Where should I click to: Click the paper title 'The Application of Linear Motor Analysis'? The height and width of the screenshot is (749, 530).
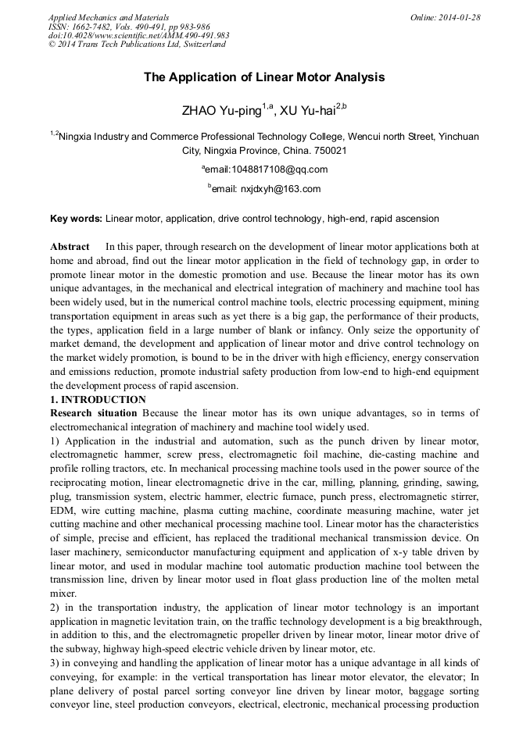pyautogui.click(x=264, y=77)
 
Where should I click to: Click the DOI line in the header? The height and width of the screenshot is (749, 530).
pyautogui.click(x=138, y=35)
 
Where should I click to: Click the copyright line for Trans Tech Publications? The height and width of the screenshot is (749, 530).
pyautogui.click(x=137, y=45)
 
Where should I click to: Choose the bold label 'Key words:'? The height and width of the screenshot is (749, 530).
pyautogui.click(x=76, y=219)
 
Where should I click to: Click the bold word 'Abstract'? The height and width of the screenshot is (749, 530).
pyautogui.click(x=70, y=247)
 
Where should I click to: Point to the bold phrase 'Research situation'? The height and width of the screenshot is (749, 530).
pyautogui.click(x=95, y=412)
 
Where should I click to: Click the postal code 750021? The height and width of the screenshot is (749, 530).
pyautogui.click(x=331, y=150)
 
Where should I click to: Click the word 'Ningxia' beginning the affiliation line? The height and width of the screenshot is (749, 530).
pyautogui.click(x=77, y=136)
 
